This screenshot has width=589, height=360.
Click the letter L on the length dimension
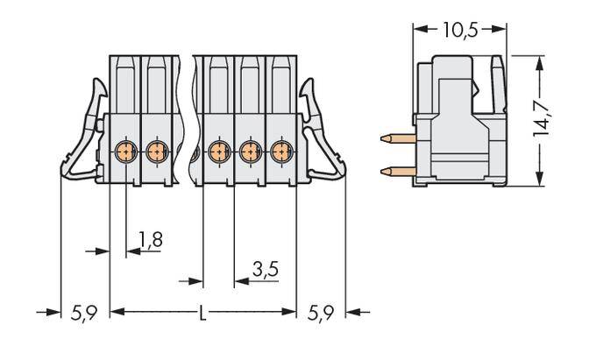point(203,312)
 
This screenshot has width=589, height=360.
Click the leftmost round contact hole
point(124,151)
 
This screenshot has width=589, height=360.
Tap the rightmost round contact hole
point(280,151)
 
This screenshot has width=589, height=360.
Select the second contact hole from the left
point(156,151)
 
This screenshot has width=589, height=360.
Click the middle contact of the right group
point(249,151)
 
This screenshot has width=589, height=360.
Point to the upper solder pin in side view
point(397,138)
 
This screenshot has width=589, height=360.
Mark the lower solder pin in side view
point(397,169)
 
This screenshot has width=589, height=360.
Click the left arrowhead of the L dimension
point(115,312)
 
